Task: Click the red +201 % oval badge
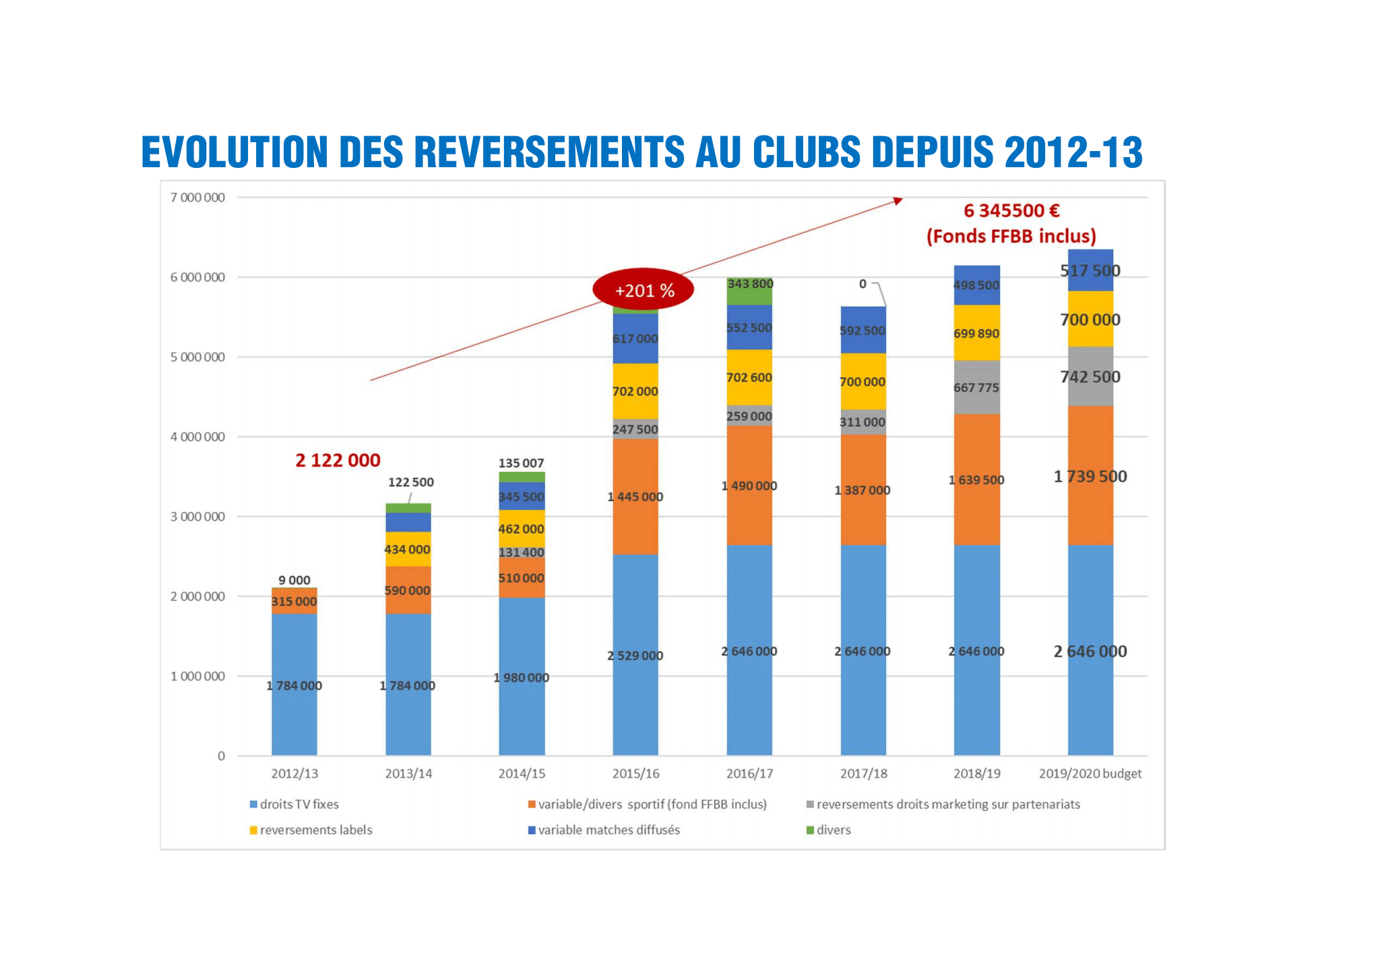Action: coord(643,290)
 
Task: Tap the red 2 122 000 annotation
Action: coord(338,461)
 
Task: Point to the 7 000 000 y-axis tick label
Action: coord(197,198)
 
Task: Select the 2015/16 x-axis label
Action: coord(635,773)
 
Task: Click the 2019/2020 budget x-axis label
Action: coord(1090,773)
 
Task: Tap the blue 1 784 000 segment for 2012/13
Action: coord(294,684)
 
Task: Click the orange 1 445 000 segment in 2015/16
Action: coord(635,497)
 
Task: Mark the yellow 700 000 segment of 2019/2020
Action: coord(1090,320)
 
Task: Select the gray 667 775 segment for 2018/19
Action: coord(976,388)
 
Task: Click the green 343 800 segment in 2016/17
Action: coord(749,291)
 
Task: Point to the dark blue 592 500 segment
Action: coord(862,330)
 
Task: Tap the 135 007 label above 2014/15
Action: coord(521,463)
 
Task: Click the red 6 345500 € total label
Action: coord(1011,211)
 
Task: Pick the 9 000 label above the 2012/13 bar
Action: coord(294,580)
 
